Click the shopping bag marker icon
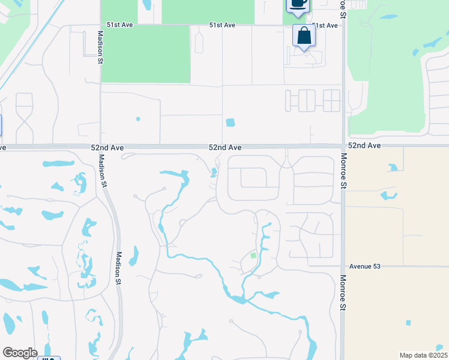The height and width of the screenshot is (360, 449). point(304,36)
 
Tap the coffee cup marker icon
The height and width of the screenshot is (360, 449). point(298,3)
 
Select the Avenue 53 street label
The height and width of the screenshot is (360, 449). point(365,265)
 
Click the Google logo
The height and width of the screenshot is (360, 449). point(20,353)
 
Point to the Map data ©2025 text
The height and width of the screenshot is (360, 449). point(423,355)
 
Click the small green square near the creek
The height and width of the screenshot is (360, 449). point(253,256)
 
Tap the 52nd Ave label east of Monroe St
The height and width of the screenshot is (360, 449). point(364,146)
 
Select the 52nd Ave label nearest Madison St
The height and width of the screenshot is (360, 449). point(107,147)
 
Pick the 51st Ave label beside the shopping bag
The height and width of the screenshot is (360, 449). point(325,25)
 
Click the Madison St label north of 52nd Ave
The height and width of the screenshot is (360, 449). point(98,46)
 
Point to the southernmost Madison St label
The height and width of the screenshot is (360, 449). point(119,268)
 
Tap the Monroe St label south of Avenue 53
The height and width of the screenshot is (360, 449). point(344,292)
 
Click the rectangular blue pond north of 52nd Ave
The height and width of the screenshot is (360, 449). point(231,122)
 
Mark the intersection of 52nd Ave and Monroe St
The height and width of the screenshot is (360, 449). point(343,146)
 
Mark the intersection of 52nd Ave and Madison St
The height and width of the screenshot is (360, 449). point(100,146)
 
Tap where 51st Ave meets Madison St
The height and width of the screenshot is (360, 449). point(100,25)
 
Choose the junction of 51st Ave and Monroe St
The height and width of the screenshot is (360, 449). point(343,25)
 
